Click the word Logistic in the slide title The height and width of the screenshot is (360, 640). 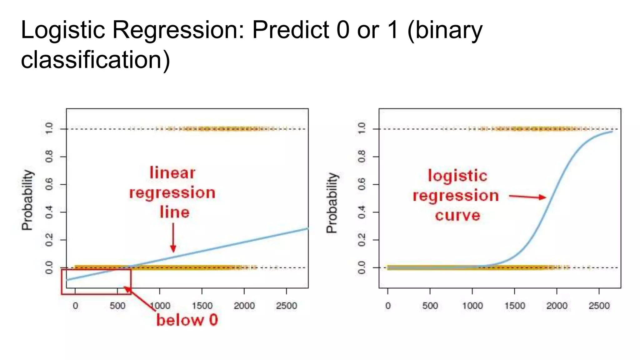point(62,30)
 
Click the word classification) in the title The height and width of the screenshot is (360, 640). point(95,60)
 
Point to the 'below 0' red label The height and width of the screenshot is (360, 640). point(187,320)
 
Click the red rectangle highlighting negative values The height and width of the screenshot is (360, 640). point(96,293)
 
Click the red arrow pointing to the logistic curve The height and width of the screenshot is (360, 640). point(527,197)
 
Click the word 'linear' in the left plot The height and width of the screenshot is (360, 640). point(172,173)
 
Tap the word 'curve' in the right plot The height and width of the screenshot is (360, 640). point(457,215)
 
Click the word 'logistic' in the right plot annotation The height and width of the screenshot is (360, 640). point(457,176)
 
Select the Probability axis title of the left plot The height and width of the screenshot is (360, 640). point(27,200)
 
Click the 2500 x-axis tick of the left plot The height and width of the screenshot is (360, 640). point(286,305)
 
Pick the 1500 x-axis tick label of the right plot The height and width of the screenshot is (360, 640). point(514,305)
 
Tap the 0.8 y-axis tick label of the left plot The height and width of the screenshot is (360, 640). point(49,156)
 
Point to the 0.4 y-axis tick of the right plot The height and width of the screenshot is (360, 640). point(362,212)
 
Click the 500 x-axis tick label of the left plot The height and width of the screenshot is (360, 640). point(117,305)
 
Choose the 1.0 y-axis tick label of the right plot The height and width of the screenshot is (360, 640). point(362,128)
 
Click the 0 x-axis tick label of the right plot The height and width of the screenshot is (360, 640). point(388,305)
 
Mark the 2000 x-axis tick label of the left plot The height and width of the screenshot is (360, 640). point(244,305)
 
